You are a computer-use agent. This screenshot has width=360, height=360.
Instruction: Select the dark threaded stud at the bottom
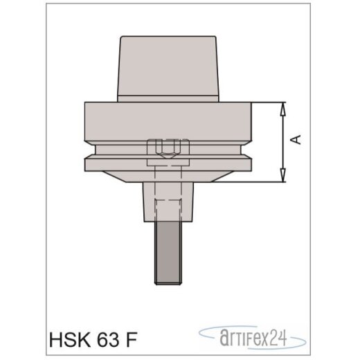click(x=168, y=249)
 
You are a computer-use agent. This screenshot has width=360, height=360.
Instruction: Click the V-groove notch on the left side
click(x=90, y=150)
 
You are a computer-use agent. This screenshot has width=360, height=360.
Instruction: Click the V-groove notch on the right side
click(x=247, y=150)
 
